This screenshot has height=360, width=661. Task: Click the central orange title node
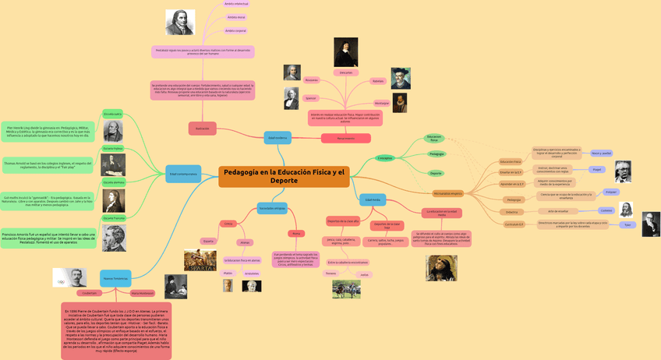point(284,176)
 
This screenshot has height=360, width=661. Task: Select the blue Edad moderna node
point(277,138)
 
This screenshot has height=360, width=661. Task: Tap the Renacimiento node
point(345,139)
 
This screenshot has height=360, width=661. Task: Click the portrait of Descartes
point(346,52)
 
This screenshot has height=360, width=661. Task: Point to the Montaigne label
point(381,103)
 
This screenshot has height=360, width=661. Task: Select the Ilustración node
point(202,129)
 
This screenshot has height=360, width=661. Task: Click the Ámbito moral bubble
point(236,17)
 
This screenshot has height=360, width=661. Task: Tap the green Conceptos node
point(385,158)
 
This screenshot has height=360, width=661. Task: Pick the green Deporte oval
point(436,173)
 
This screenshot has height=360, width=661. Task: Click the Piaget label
point(597,169)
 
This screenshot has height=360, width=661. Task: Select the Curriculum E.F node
point(513,224)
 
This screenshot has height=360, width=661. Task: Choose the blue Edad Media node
point(373,200)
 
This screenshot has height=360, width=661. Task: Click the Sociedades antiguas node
point(272,208)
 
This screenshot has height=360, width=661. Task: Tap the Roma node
point(295,234)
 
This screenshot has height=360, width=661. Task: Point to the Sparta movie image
point(200,260)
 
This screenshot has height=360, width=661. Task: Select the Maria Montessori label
point(143,293)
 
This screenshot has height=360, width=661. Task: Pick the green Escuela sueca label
point(113,115)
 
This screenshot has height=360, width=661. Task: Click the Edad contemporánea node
point(184,174)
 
